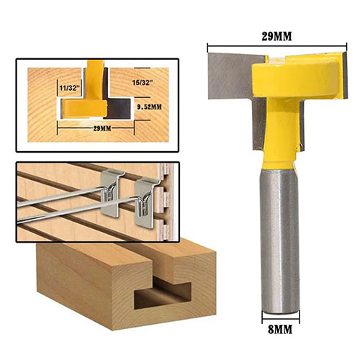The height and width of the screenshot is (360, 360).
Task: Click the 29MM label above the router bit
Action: pos(276,37)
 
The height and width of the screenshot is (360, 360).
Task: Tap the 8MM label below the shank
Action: pos(280,329)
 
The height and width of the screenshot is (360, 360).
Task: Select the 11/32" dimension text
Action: pos(69,88)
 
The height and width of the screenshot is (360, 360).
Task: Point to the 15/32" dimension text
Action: pos(143,83)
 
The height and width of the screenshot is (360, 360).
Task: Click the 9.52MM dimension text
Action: pos(149,107)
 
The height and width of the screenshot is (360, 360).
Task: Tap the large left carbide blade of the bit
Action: pos(230,76)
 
